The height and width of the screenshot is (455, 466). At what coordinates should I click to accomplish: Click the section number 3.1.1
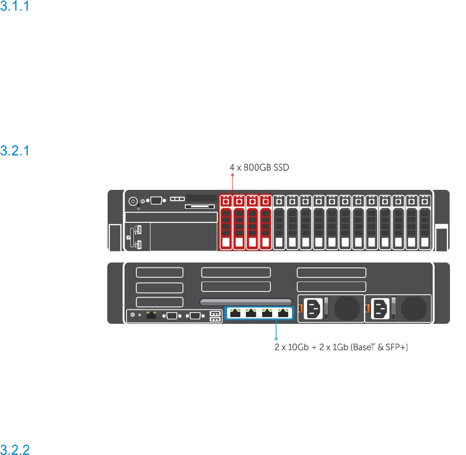[15, 6]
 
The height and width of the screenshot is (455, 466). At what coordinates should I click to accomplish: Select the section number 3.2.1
[15, 150]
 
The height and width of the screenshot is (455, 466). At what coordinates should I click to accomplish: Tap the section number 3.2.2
[15, 450]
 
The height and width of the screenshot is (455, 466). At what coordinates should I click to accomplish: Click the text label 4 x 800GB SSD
[259, 167]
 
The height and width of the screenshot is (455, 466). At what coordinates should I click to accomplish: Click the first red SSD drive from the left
[226, 222]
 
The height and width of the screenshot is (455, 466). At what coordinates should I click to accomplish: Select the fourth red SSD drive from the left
[266, 222]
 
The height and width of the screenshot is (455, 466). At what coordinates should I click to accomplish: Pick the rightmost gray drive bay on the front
[425, 222]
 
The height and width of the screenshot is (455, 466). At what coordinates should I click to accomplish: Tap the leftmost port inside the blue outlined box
[235, 313]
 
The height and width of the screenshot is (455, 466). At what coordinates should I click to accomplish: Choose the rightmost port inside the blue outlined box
[283, 313]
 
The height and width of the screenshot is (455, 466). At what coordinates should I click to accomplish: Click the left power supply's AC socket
[314, 309]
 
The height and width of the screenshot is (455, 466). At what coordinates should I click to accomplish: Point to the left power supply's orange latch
[301, 308]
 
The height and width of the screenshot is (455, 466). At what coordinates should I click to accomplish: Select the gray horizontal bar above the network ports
[246, 302]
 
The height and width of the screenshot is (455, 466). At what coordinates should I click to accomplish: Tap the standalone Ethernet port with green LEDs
[151, 315]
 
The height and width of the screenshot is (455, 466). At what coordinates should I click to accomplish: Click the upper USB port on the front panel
[139, 229]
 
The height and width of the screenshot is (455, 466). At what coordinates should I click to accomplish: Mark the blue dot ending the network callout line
[276, 338]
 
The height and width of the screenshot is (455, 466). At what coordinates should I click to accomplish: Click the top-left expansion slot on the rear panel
[159, 272]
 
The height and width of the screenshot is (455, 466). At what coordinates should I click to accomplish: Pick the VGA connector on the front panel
[156, 201]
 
